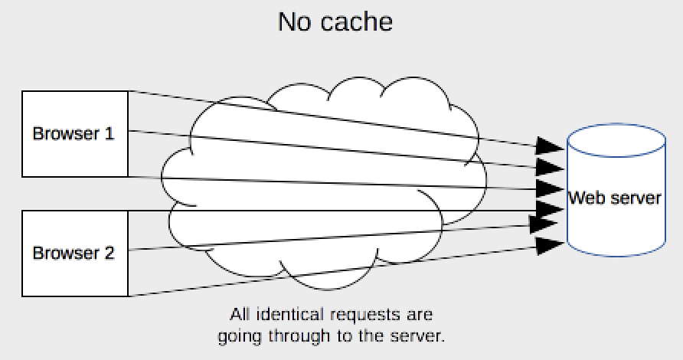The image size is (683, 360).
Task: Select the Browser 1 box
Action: click(x=74, y=133)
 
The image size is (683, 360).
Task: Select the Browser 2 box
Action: click(x=74, y=253)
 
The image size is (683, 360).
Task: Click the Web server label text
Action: click(x=614, y=198)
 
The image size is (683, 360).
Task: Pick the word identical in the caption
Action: click(x=291, y=314)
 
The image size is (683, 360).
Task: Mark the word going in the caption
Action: click(x=238, y=336)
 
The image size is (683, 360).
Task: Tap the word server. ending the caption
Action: click(x=423, y=335)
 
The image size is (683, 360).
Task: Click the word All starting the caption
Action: click(x=240, y=314)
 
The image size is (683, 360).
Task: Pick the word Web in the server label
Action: click(x=583, y=198)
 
